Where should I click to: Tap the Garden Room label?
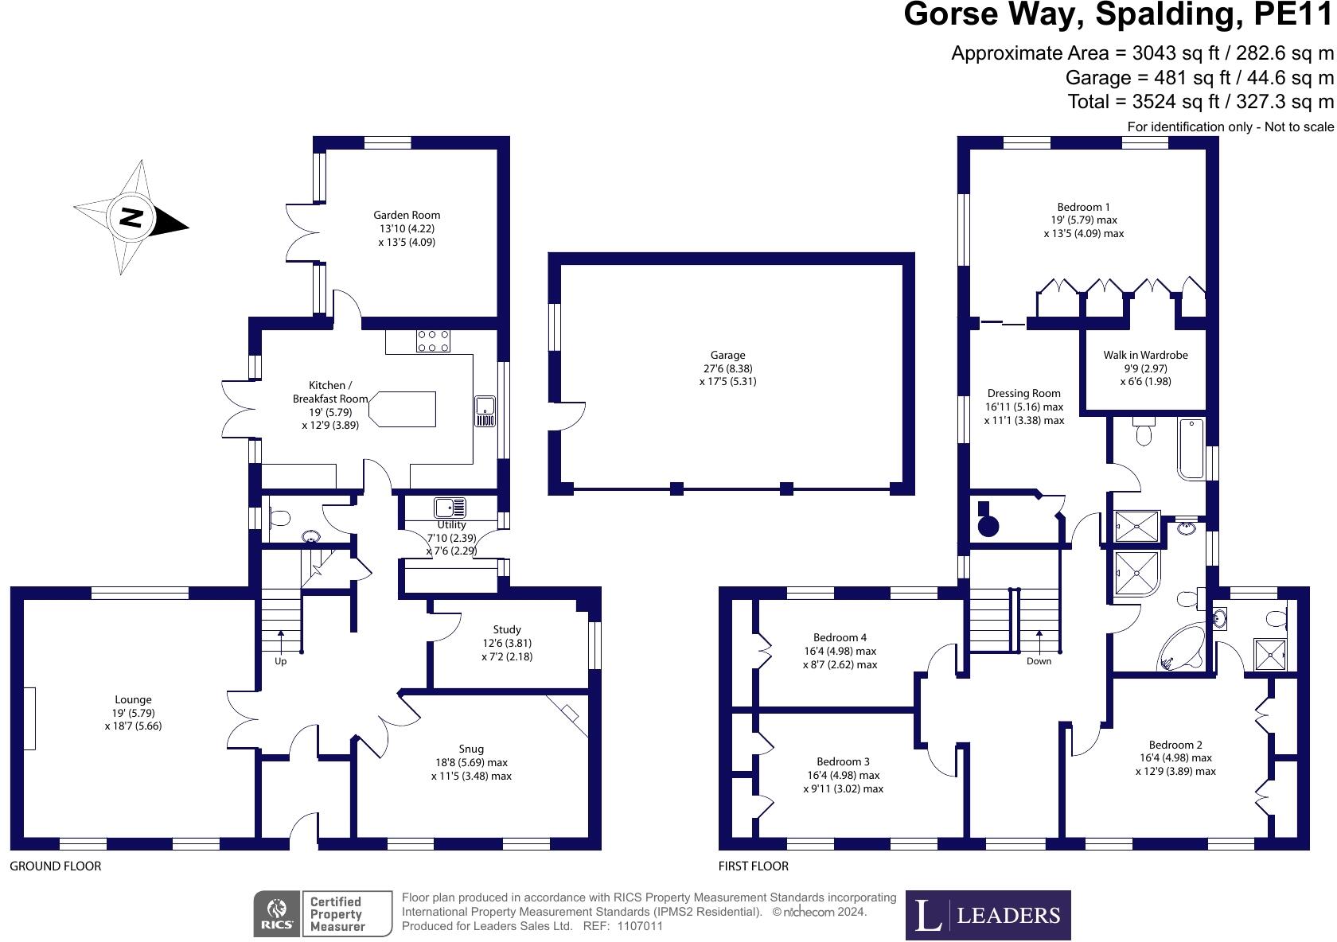click(407, 215)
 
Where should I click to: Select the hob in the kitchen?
click(432, 341)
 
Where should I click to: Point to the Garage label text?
click(727, 356)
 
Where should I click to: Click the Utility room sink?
click(450, 507)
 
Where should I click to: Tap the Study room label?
click(507, 629)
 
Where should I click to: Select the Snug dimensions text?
click(471, 769)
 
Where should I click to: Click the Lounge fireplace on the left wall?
click(29, 718)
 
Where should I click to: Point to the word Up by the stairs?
click(280, 661)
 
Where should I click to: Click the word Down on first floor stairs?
click(1039, 661)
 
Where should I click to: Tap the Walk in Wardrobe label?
click(1145, 355)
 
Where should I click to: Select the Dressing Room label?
click(1023, 393)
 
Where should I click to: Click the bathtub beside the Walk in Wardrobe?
click(1191, 448)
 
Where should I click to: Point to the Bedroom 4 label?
click(840, 637)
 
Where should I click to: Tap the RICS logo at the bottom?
click(277, 913)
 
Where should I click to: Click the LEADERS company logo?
click(988, 915)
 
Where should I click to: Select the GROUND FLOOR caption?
click(55, 866)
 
